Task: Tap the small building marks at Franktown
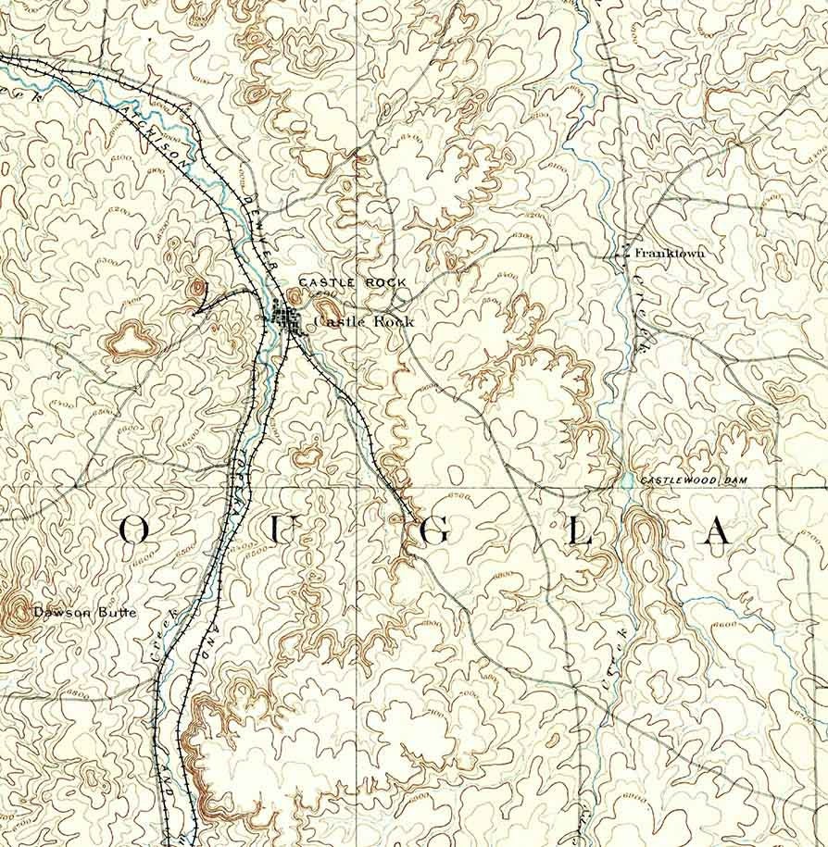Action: pos(622,251)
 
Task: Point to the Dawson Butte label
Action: pos(84,612)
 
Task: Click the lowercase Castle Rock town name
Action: pos(364,321)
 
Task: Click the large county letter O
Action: pos(135,530)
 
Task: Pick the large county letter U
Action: pos(287,530)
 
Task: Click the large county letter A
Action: pos(719,530)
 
